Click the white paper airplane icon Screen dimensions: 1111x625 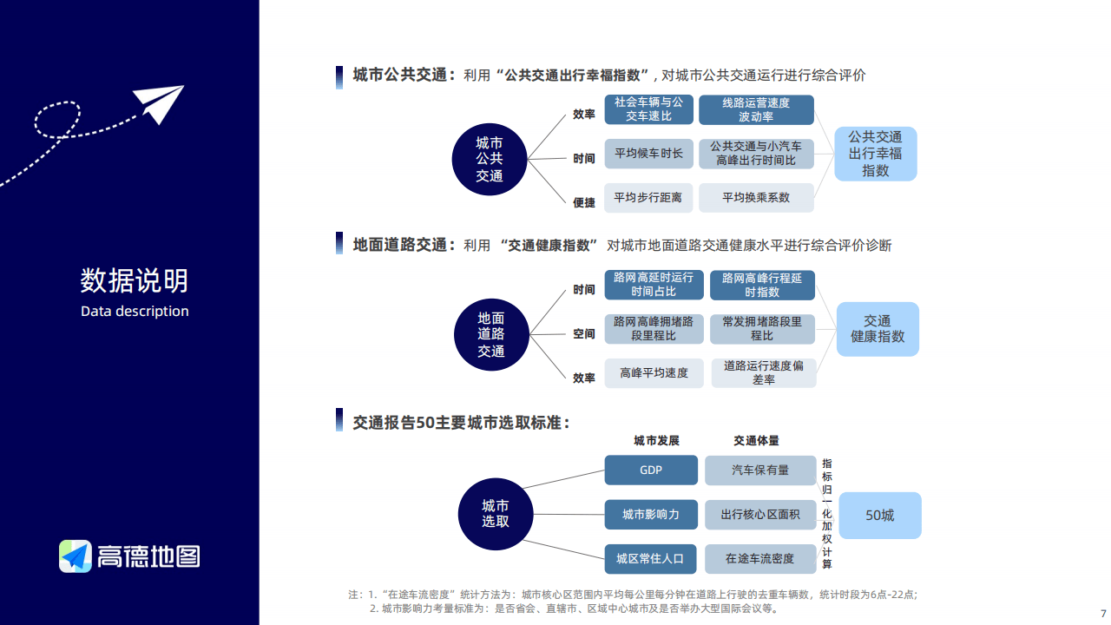click(158, 103)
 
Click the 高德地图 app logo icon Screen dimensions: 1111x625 click(76, 556)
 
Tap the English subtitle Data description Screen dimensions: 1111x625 click(135, 311)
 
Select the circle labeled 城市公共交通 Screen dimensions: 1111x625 click(490, 159)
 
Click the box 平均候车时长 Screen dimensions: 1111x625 click(648, 154)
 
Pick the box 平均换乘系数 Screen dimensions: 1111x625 click(756, 197)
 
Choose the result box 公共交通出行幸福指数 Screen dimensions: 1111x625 click(876, 154)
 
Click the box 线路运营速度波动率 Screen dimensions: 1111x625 click(756, 109)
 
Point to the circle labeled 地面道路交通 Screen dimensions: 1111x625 click(491, 334)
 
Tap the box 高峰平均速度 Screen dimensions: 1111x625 click(654, 373)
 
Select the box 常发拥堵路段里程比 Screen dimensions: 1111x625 click(762, 329)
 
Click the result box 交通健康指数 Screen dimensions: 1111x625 click(878, 329)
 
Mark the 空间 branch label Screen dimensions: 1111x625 click(584, 334)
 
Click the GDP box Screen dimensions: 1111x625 click(651, 470)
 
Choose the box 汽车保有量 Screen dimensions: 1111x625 click(760, 470)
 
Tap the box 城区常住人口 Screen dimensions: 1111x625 click(650, 559)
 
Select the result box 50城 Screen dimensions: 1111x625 click(880, 516)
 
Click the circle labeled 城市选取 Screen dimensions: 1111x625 click(496, 514)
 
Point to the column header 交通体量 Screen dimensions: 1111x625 click(756, 440)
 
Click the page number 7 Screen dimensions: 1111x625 click(1103, 613)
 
